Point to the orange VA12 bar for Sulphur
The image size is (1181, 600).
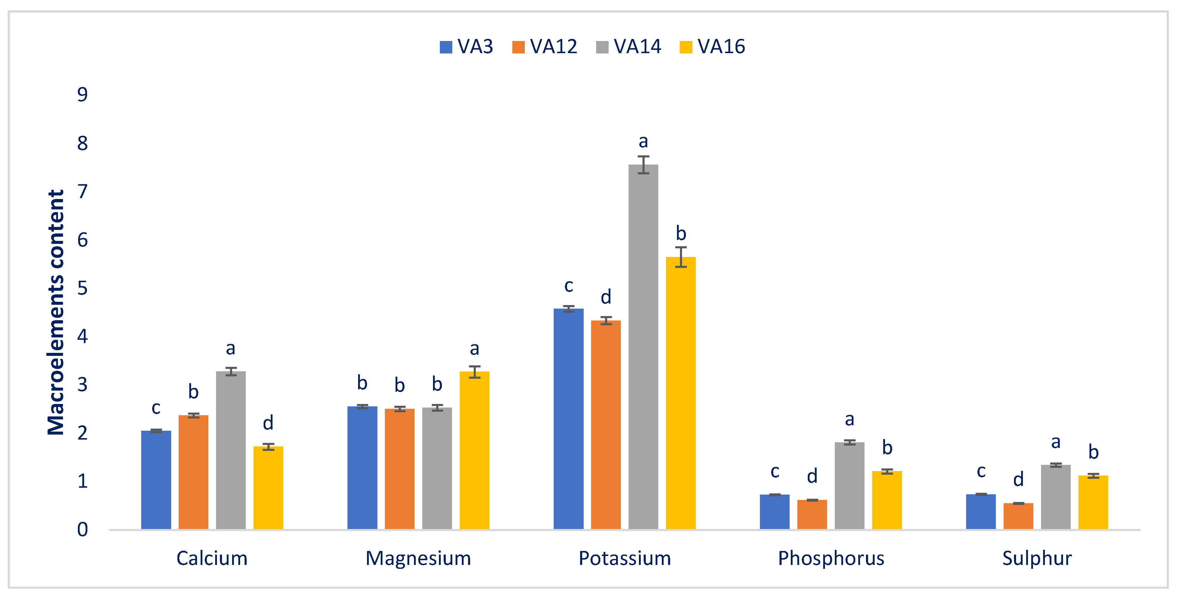(1018, 516)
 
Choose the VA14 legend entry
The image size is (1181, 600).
(628, 47)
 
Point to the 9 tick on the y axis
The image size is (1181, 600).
(83, 94)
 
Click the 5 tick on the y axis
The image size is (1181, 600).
(83, 288)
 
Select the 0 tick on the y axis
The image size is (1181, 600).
(83, 529)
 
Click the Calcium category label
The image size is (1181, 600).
(212, 558)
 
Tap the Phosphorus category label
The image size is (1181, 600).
(831, 558)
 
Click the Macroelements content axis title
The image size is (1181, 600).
(56, 312)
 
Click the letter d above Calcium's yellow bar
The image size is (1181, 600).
(268, 423)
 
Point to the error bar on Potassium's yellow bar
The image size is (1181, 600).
(681, 257)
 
